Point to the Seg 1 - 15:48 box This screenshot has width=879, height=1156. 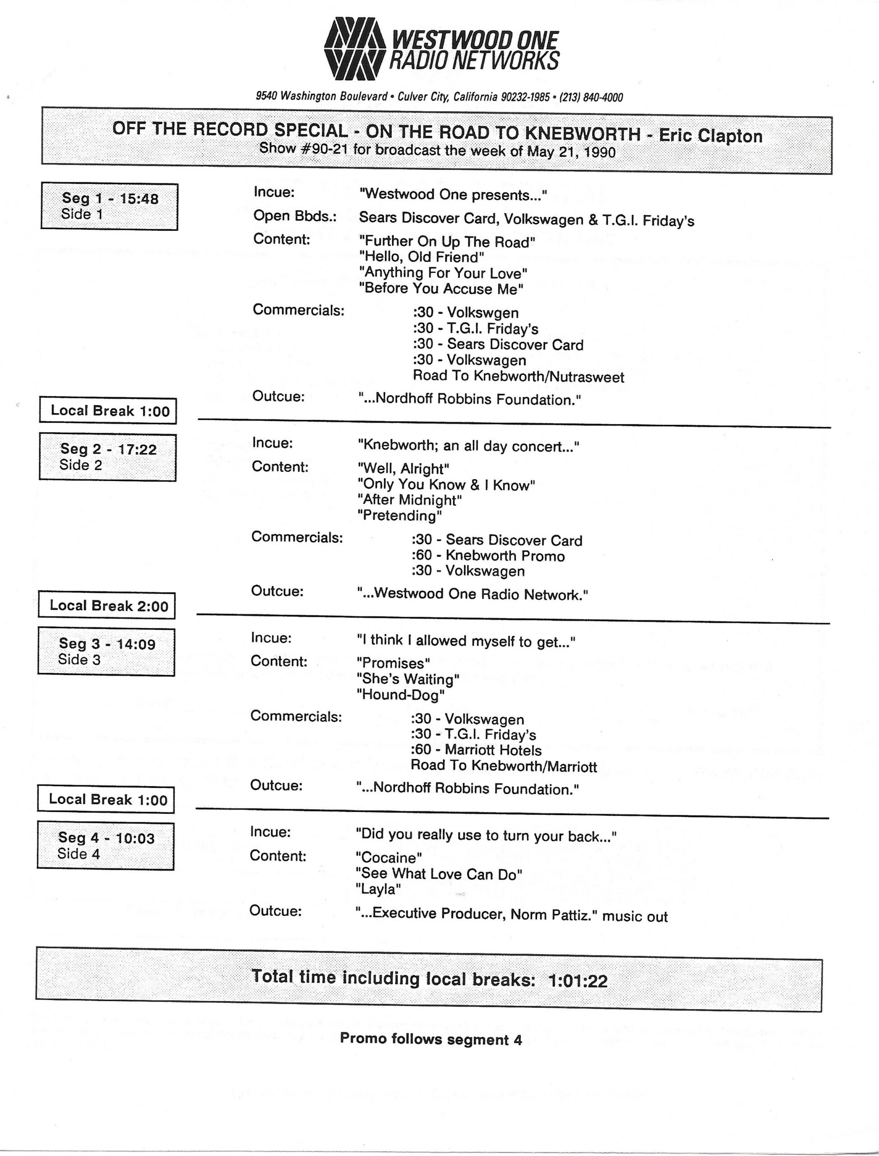(x=109, y=206)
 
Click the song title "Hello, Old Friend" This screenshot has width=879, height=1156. (x=421, y=257)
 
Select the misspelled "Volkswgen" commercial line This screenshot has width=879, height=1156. (x=465, y=313)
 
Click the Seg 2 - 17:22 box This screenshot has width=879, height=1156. (x=108, y=457)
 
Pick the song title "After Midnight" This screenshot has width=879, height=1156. (x=409, y=500)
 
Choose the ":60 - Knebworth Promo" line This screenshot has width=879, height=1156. (x=488, y=556)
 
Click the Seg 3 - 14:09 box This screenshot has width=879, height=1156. (x=106, y=651)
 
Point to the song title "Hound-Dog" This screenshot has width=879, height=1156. (x=400, y=695)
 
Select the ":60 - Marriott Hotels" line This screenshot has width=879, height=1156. (x=476, y=750)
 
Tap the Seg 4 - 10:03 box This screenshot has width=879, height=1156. (x=106, y=845)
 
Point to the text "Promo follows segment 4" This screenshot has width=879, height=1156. (x=430, y=1039)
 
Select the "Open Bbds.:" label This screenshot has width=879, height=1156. (x=295, y=216)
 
